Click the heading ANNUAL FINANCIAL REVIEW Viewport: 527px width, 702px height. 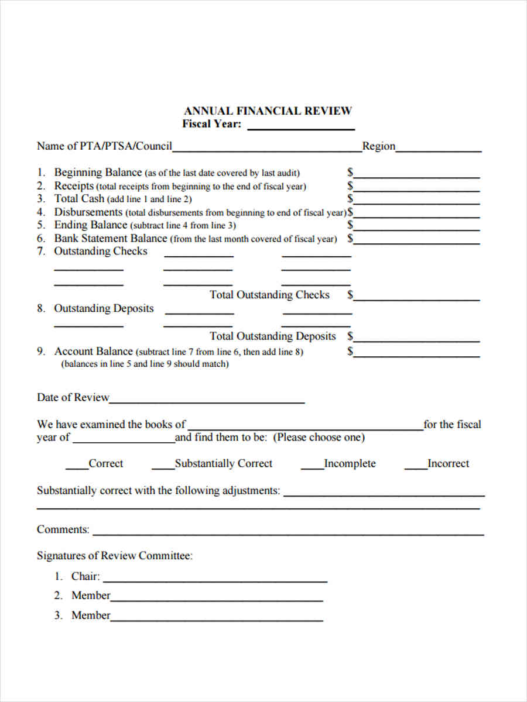coord(268,111)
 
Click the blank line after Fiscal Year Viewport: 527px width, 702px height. coord(301,126)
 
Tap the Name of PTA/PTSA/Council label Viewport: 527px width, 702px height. coord(104,146)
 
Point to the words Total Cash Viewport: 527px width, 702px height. coord(79,199)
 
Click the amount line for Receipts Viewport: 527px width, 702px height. coord(416,188)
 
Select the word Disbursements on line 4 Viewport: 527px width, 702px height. coord(88,212)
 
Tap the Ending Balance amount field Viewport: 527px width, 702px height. coord(416,227)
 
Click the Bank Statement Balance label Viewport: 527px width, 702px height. coord(111,239)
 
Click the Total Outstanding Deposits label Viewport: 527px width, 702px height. coord(273,336)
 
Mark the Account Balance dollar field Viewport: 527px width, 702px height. coord(416,353)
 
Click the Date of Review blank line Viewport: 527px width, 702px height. coord(207,400)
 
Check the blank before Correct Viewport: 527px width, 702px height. coord(77,466)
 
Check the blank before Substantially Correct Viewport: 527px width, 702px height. coord(163,466)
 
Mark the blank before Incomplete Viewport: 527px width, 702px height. coord(312,466)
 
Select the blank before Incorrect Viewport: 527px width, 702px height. coord(416,466)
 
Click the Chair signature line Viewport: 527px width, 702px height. coord(214,579)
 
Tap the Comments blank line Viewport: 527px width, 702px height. coord(288,532)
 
